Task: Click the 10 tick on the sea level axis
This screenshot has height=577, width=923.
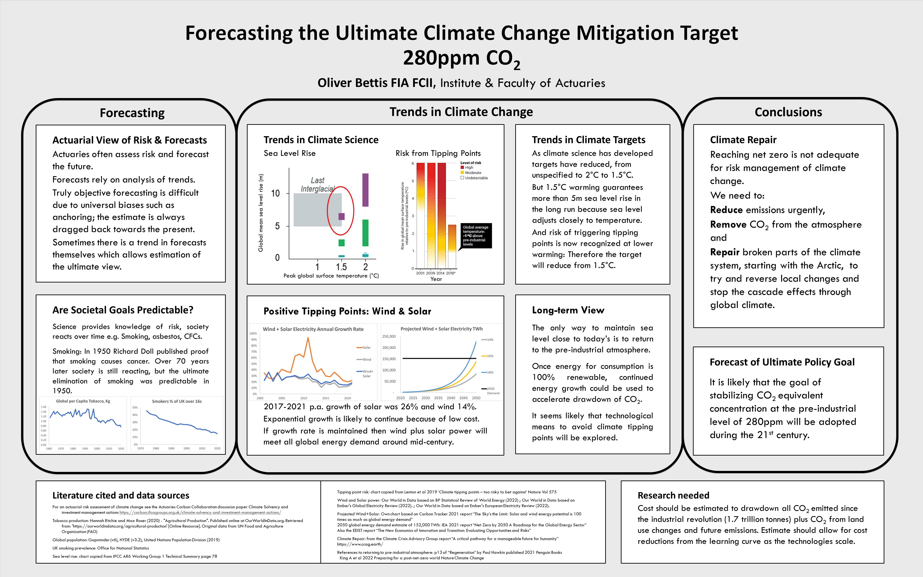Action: click(275, 194)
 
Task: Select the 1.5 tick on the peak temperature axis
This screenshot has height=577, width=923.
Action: click(341, 267)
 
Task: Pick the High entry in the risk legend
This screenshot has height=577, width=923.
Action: click(469, 168)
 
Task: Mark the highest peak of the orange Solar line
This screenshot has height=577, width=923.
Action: click(308, 338)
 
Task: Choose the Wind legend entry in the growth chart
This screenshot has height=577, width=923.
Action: click(367, 359)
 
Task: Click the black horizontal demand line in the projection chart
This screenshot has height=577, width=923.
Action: click(439, 358)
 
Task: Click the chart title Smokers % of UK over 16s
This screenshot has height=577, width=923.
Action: click(177, 401)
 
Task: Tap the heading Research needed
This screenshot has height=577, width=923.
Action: click(673, 495)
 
